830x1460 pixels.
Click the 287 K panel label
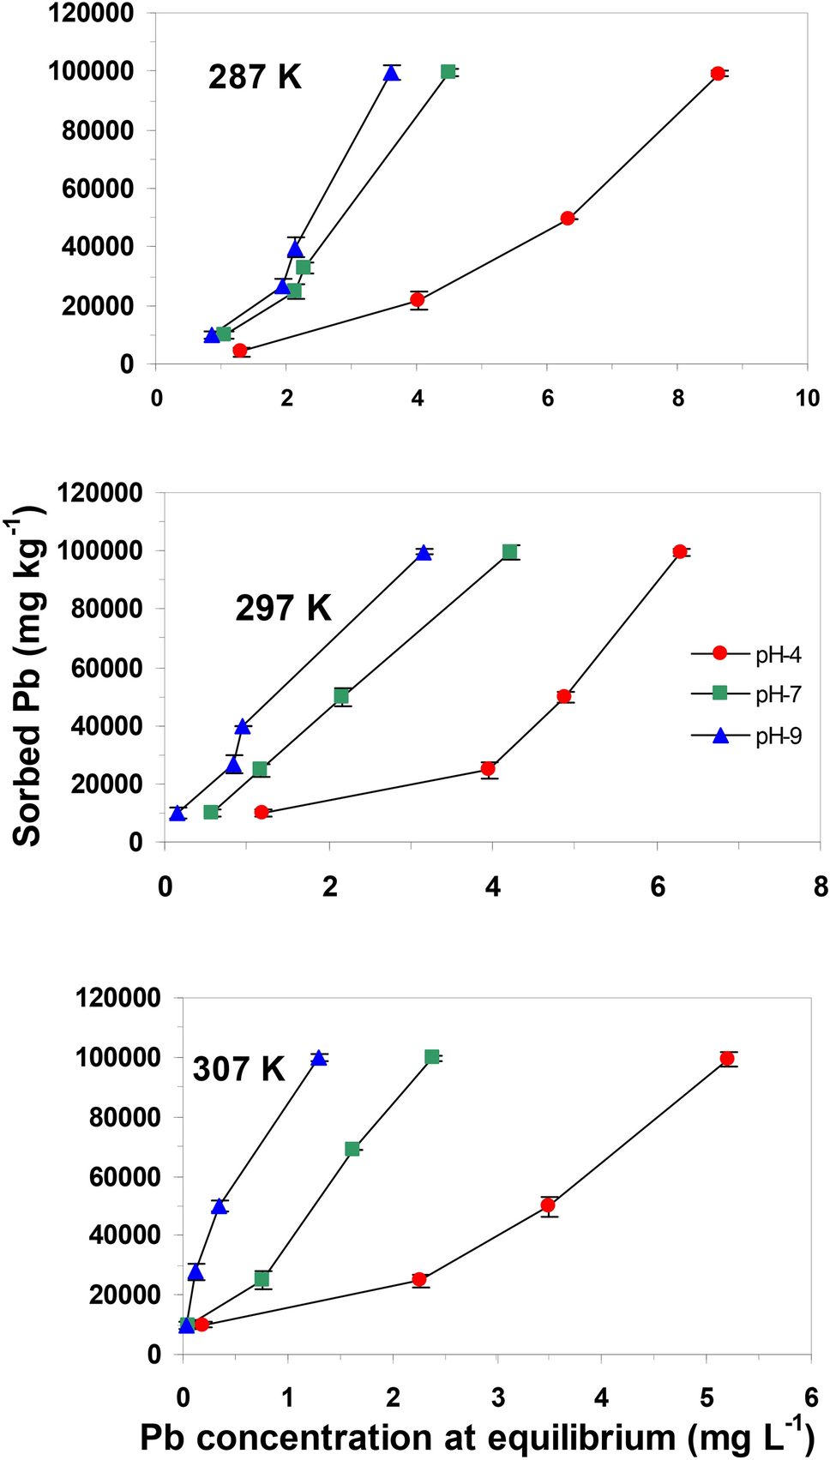point(255,77)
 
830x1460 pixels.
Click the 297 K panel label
point(283,609)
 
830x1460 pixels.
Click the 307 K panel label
point(238,1069)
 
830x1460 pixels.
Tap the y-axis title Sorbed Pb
point(28,677)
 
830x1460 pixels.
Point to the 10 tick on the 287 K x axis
point(807,399)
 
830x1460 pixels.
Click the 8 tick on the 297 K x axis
point(821,886)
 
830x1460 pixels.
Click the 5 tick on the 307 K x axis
point(707,1398)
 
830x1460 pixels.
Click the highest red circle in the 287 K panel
point(718,74)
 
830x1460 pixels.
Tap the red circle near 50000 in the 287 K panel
point(567,219)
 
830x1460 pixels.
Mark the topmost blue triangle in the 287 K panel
point(391,74)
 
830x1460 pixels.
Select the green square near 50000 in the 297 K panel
point(342,696)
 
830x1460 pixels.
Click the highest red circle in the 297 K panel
point(680,552)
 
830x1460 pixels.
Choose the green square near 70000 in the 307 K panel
point(352,1149)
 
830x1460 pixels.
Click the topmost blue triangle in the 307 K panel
point(319,1059)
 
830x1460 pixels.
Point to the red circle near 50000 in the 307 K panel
point(548,1205)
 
